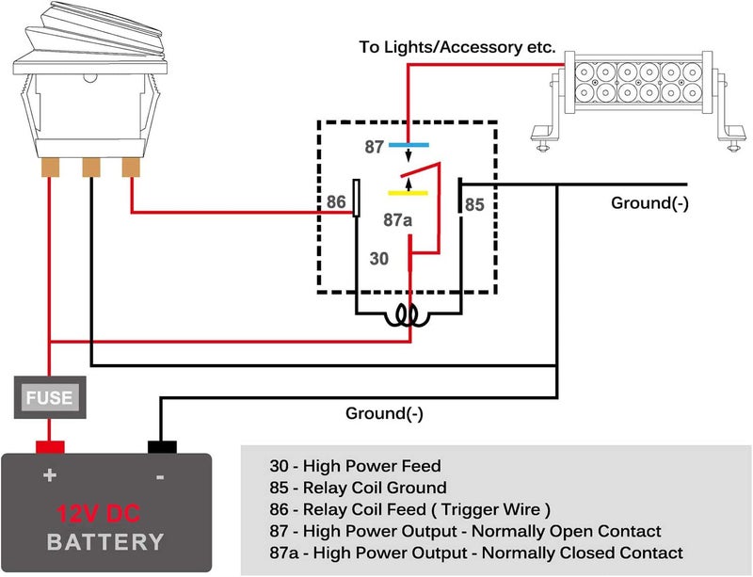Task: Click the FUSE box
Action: pos(50,397)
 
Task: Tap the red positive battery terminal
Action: pos(50,447)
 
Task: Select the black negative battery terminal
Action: pos(162,447)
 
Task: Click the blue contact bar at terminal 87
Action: pos(409,145)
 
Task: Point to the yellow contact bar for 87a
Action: pos(408,193)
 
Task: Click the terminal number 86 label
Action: pos(336,201)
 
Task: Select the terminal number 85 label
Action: pos(474,204)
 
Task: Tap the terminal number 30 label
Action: pos(379,259)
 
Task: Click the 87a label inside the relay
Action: pos(397,220)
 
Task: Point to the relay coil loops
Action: pos(409,316)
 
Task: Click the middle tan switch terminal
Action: pos(91,168)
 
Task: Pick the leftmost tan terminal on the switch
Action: pos(50,168)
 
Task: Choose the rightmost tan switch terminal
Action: pos(131,168)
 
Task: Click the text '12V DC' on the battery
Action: pos(99,514)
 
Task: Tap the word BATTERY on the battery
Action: pos(105,542)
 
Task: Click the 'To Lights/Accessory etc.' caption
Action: pos(457,47)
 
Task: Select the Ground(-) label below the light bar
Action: pos(649,203)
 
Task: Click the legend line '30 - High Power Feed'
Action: pos(356,466)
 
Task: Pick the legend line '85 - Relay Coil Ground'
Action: pos(359,488)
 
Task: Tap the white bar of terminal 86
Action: pos(357,198)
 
